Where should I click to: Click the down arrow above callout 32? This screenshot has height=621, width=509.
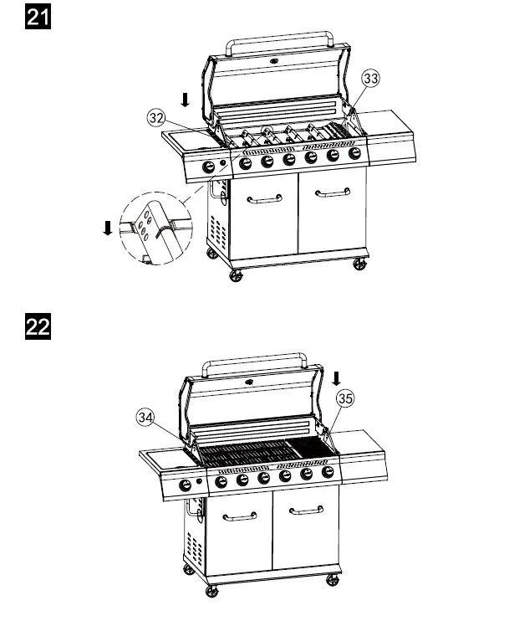coord(185,100)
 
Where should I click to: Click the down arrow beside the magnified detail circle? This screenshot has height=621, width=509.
coord(107,228)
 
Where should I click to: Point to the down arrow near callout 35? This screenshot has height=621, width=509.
coord(336,378)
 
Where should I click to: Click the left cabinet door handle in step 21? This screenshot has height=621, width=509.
coord(265,199)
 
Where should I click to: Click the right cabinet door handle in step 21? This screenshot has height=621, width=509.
coord(331,193)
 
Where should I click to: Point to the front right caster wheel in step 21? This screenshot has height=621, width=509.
coord(360,264)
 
